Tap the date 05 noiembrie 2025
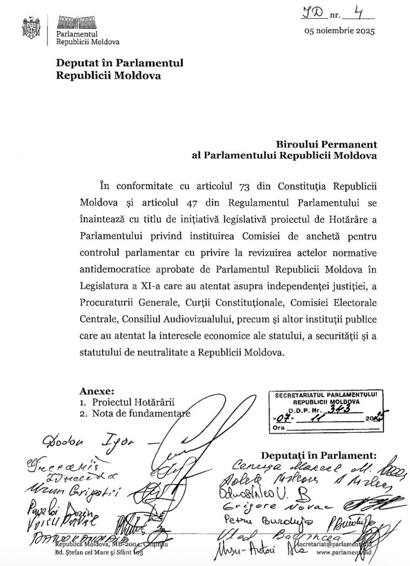[x=339, y=31]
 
